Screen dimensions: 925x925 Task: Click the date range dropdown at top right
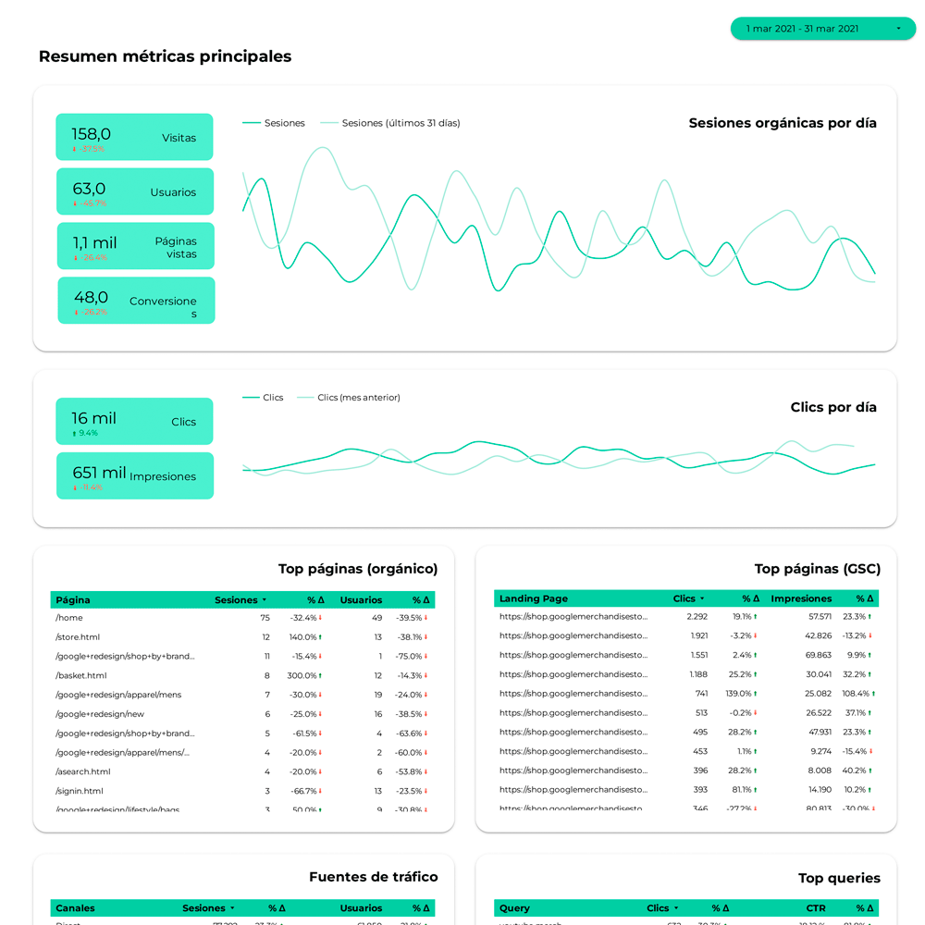[822, 29]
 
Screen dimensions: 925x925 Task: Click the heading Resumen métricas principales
[165, 56]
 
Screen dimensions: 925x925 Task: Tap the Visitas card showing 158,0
[134, 137]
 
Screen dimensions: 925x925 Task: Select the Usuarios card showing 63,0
[134, 191]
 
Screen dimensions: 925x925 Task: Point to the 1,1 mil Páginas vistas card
[135, 246]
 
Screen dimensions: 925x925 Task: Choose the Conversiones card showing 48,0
[136, 301]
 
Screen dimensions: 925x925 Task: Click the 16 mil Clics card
[134, 421]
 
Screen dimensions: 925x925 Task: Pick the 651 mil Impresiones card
[134, 475]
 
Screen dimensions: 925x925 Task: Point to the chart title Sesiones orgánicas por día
[783, 123]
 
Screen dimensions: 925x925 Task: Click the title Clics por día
[833, 407]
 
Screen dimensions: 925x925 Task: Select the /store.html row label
[78, 637]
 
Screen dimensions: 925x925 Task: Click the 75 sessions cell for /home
[265, 618]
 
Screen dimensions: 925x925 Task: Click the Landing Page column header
[534, 598]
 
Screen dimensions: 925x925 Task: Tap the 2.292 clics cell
[697, 616]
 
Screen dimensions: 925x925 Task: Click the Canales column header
[75, 908]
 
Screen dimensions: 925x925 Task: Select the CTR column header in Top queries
[816, 908]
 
